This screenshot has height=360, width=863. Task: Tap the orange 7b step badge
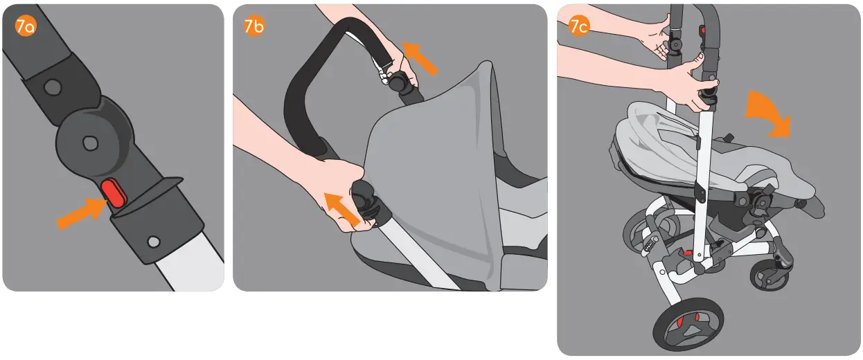click(254, 26)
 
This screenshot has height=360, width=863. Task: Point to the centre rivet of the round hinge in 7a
click(88, 141)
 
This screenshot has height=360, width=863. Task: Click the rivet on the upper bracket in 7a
click(49, 87)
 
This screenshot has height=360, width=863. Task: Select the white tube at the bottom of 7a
click(187, 269)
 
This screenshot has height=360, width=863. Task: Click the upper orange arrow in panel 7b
click(421, 57)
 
